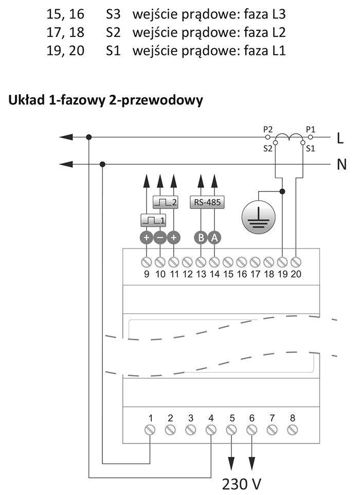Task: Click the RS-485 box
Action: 207,202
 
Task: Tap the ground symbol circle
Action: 258,217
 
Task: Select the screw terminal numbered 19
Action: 282,262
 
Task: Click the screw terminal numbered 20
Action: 296,262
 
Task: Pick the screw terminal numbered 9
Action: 147,262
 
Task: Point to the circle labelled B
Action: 201,238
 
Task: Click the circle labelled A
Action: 214,238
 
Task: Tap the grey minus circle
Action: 160,238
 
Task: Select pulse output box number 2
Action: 165,202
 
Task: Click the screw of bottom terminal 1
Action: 151,430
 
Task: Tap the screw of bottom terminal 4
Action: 211,430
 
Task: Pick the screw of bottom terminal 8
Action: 293,430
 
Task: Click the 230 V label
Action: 242,484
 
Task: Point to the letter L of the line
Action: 340,138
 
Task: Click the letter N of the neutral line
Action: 341,165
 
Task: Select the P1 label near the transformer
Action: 311,130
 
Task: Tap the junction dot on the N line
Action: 102,165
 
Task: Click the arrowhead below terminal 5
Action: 231,463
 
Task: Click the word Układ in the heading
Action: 26,100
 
